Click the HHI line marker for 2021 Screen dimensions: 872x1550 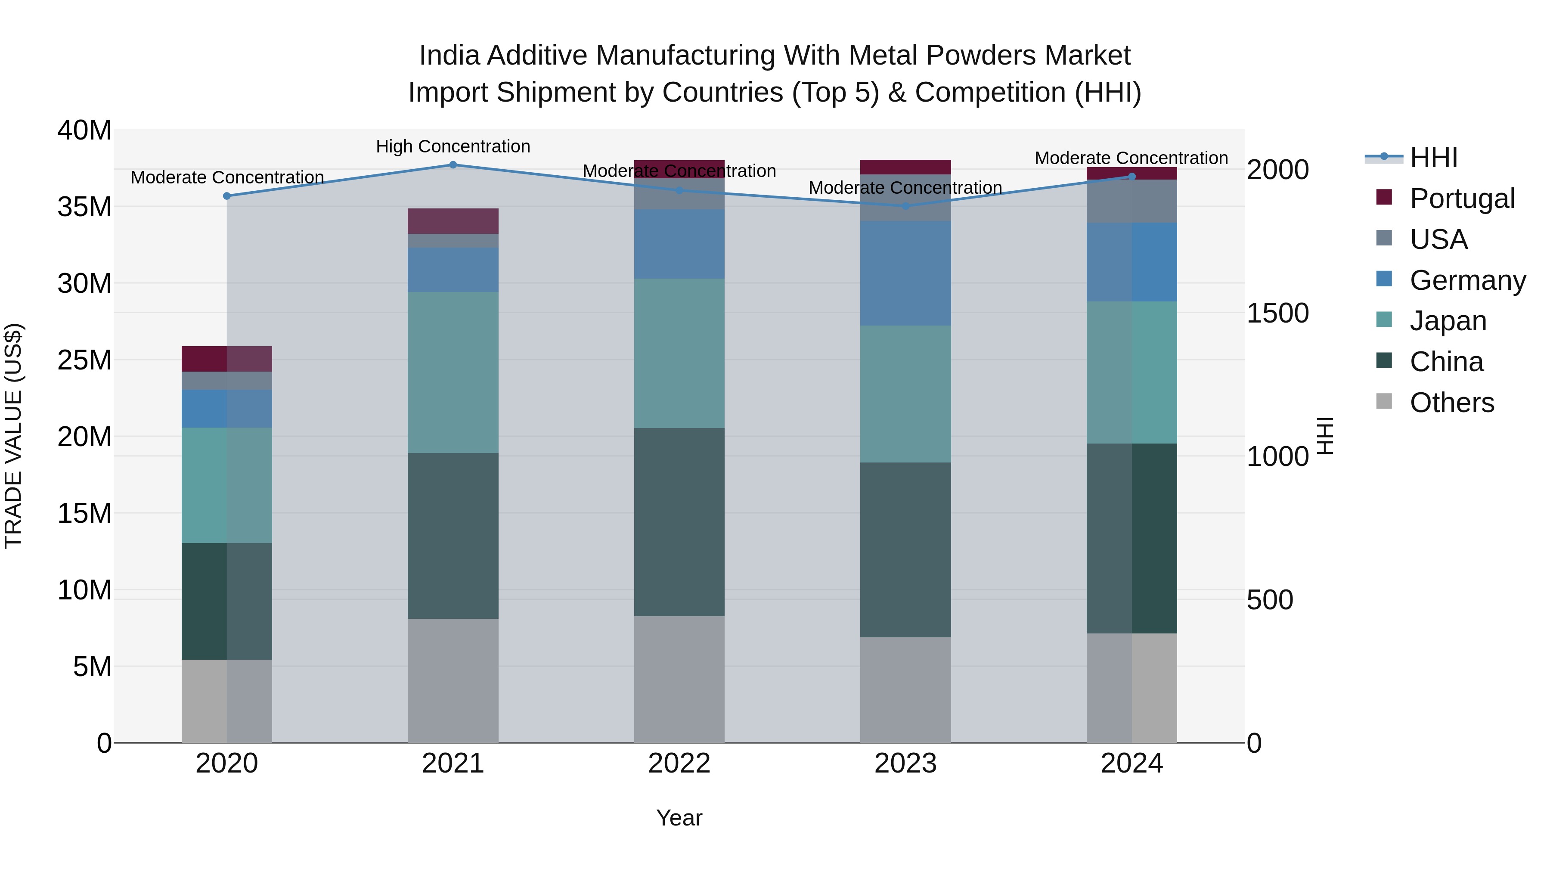click(453, 165)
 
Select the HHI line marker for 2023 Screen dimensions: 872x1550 click(905, 206)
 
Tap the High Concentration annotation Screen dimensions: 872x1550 click(453, 146)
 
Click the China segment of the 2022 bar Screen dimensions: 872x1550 click(679, 522)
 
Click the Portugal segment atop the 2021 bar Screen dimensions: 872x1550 click(453, 221)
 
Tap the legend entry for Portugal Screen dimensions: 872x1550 click(1462, 199)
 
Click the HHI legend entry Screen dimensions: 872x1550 click(1433, 158)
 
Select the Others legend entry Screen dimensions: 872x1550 click(1451, 403)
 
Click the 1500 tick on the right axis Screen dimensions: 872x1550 click(1277, 313)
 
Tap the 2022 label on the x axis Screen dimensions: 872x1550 click(679, 763)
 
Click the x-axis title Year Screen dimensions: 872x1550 click(679, 818)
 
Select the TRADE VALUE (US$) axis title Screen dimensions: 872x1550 click(13, 436)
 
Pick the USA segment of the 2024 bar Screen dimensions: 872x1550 click(1132, 202)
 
